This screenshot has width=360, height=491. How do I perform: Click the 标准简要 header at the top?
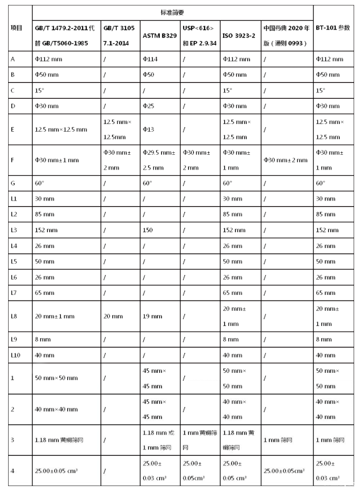tap(172, 12)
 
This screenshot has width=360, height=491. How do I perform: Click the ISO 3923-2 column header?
tap(239, 35)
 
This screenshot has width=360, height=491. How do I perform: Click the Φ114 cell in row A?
tap(150, 59)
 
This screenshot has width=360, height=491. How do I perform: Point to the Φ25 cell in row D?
tap(150, 106)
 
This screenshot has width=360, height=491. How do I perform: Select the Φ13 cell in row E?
tap(150, 129)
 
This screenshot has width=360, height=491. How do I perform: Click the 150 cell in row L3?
tap(148, 230)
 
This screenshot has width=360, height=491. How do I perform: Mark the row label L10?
tap(16, 355)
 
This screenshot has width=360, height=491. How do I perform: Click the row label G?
tap(13, 183)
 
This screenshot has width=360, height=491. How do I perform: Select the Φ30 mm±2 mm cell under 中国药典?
tap(286, 160)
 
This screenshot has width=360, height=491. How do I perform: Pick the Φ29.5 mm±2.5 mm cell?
tap(160, 160)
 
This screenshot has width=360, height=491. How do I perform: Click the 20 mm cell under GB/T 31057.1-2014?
tap(113, 316)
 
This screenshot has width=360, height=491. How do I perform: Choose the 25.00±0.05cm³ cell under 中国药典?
tap(284, 471)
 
